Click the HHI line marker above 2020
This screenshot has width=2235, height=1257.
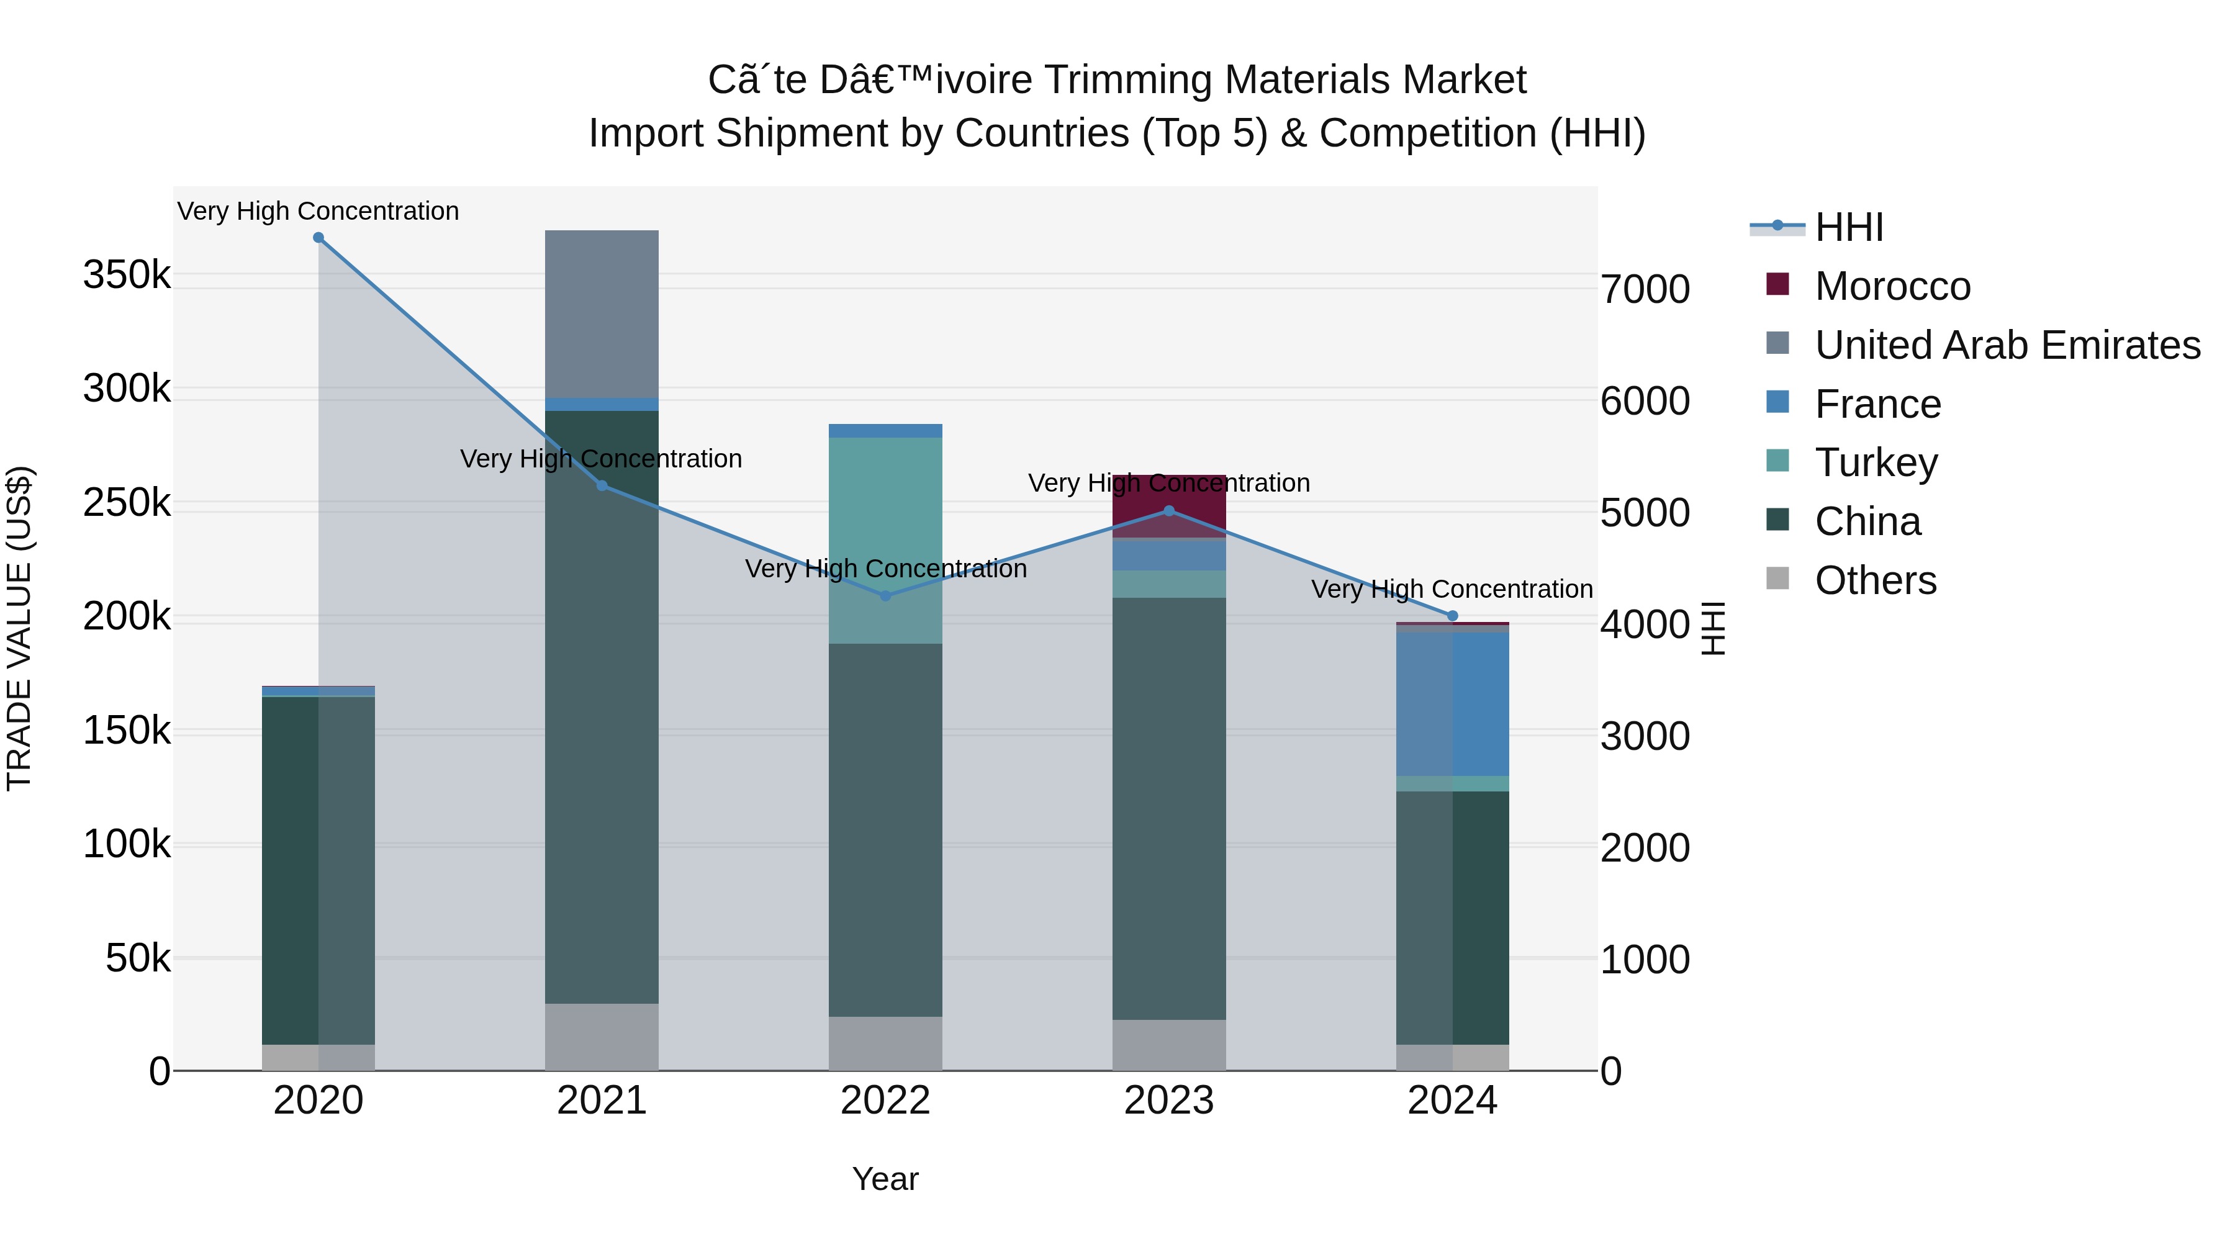(x=318, y=238)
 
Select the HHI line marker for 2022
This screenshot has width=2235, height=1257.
(x=885, y=596)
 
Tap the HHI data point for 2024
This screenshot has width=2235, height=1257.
(x=1452, y=616)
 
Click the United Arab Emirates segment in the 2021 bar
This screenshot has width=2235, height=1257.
(x=601, y=314)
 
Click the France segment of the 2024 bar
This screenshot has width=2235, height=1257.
(x=1452, y=703)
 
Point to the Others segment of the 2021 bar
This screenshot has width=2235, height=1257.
(x=601, y=1037)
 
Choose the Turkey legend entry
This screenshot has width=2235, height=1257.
(x=1875, y=462)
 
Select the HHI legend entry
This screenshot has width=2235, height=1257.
(x=1848, y=227)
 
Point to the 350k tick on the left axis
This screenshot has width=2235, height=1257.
(x=127, y=275)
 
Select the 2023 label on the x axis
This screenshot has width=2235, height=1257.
(x=1168, y=1101)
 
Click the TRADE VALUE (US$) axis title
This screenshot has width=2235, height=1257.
(x=19, y=628)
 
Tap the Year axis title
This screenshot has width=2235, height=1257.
(x=885, y=1179)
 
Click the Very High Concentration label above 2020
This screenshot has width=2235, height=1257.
(x=318, y=211)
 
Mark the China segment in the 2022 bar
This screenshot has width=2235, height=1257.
(x=885, y=829)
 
